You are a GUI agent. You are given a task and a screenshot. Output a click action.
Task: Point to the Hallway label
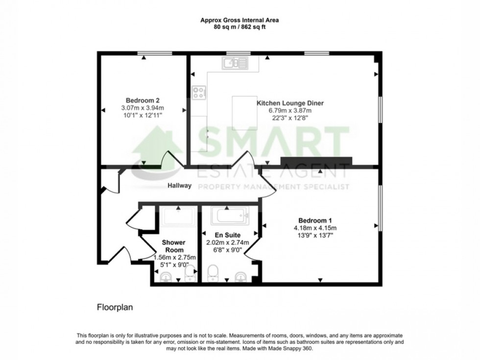coord(179,186)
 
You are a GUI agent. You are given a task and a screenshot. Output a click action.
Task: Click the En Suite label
coord(227,235)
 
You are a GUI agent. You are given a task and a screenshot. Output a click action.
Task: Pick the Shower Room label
coord(174,246)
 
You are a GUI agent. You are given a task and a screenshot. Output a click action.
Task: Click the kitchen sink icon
coord(235,63)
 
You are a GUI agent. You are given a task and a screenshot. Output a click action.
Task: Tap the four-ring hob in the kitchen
coord(199,93)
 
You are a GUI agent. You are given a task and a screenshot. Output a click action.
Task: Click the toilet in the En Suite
coord(213,273)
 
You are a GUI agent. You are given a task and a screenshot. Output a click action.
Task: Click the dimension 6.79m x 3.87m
coord(290,111)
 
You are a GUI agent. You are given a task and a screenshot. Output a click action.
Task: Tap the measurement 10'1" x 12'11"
coord(142,115)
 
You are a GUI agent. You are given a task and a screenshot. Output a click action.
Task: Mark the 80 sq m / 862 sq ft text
coord(240,27)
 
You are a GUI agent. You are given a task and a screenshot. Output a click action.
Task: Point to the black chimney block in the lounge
coord(316,161)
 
